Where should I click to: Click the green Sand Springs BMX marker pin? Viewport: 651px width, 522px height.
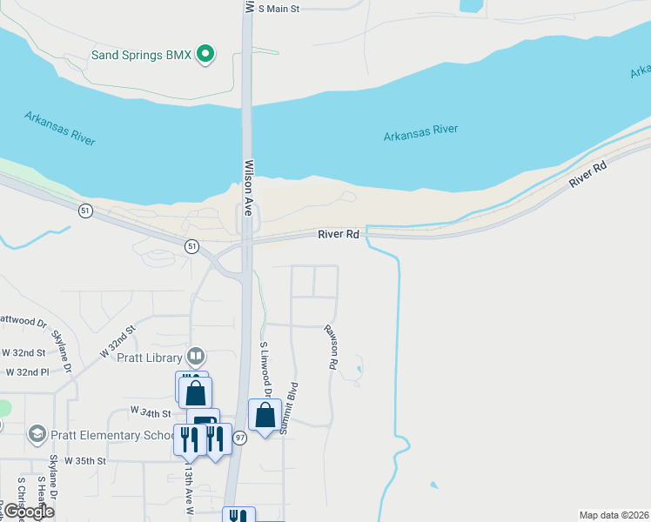pos(206,55)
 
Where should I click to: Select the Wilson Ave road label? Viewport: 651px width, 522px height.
pos(249,187)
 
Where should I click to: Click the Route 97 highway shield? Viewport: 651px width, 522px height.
pos(240,438)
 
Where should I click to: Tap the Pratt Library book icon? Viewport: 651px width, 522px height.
pos(197,357)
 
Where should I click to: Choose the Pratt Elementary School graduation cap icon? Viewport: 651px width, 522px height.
pos(37,433)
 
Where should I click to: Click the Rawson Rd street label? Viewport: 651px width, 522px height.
pos(332,348)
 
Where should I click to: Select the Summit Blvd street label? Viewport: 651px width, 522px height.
pos(293,408)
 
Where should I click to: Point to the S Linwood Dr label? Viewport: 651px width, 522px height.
pos(265,370)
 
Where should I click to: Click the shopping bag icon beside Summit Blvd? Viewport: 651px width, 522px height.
pos(265,415)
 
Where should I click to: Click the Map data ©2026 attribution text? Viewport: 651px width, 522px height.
pos(614,514)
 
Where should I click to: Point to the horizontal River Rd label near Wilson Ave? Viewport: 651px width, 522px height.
pos(339,234)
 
